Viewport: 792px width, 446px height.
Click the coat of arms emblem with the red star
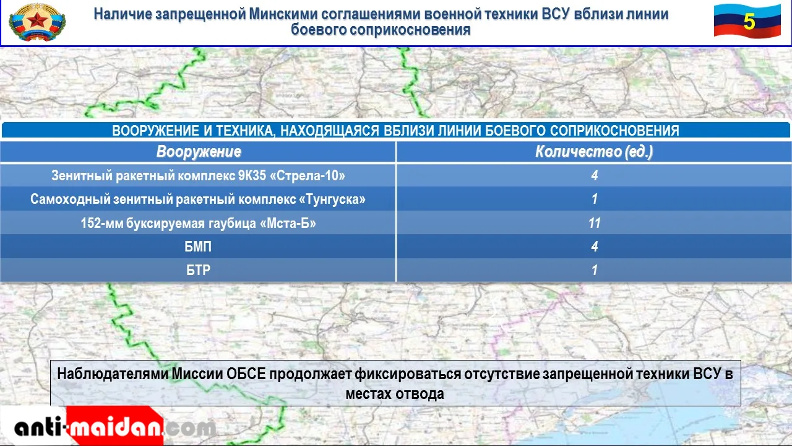[x=37, y=22]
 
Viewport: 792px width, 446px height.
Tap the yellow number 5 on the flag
[x=749, y=22]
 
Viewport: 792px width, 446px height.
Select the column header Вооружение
[x=199, y=152]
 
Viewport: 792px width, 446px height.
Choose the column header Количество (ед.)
[x=594, y=152]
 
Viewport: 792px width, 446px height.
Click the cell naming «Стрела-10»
[x=198, y=175]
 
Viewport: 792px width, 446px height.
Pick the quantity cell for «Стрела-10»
[x=595, y=175]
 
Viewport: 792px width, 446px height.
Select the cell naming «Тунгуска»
[x=198, y=199]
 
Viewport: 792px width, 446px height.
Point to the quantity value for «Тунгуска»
[x=595, y=199]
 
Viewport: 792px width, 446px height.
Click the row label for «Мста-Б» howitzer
[x=198, y=223]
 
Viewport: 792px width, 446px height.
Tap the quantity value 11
[x=595, y=223]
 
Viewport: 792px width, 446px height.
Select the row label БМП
[x=198, y=247]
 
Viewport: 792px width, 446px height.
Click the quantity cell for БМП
[x=595, y=247]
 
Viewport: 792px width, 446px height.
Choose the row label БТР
[x=198, y=270]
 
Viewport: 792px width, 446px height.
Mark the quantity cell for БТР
[x=595, y=270]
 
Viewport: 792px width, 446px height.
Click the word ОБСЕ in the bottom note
[x=246, y=374]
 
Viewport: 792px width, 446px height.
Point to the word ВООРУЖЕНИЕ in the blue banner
[x=155, y=131]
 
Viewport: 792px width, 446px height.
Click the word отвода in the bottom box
[x=420, y=394]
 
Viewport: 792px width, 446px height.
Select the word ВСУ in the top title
[x=556, y=14]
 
